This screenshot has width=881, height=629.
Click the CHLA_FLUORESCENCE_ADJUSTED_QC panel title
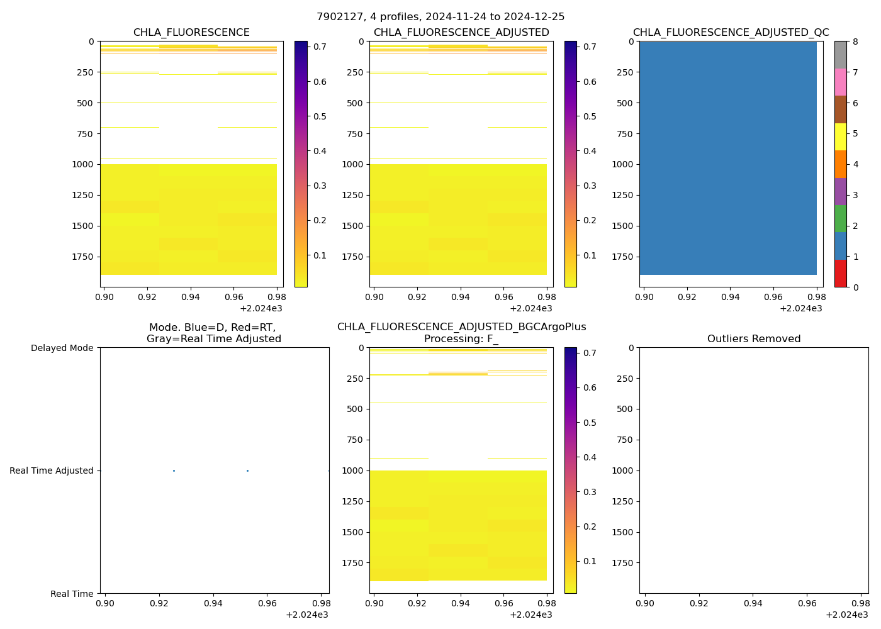tap(731, 33)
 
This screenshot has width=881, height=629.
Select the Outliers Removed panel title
tap(753, 339)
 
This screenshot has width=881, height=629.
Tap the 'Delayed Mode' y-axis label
tap(62, 348)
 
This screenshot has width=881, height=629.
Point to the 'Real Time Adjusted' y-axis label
tap(52, 470)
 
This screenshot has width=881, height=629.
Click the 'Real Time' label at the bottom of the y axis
tap(72, 594)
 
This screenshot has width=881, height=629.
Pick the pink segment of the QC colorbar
tap(840, 82)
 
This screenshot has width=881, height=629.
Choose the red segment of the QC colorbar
tap(840, 274)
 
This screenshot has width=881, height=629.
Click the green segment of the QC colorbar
tap(840, 219)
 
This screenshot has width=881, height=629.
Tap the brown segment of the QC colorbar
tap(840, 109)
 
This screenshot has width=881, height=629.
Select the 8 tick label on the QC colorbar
tap(855, 42)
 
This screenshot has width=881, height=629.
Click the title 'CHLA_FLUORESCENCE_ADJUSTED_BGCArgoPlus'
tap(461, 327)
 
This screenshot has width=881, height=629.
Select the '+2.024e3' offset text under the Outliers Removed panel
tap(847, 615)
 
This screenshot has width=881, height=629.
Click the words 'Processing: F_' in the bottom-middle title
tap(461, 339)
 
